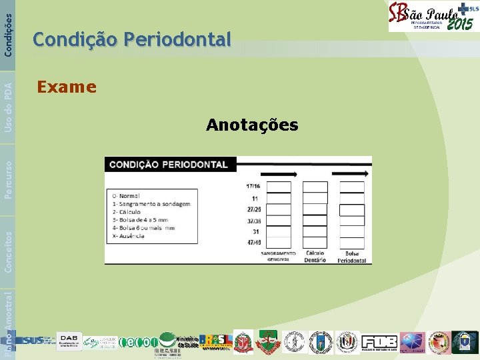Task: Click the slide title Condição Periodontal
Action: (x=132, y=40)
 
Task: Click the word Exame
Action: (x=67, y=87)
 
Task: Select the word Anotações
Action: (x=252, y=125)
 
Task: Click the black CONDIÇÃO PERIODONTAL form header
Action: (x=168, y=164)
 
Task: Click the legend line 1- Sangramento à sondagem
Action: (x=151, y=204)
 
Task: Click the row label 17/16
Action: (x=253, y=186)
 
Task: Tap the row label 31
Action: (x=255, y=231)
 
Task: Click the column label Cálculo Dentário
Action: (x=315, y=256)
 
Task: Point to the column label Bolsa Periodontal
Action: (x=351, y=256)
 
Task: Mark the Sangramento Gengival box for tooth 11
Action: (x=279, y=198)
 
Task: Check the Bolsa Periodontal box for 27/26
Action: (x=352, y=210)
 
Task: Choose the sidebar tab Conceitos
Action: (x=8, y=251)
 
